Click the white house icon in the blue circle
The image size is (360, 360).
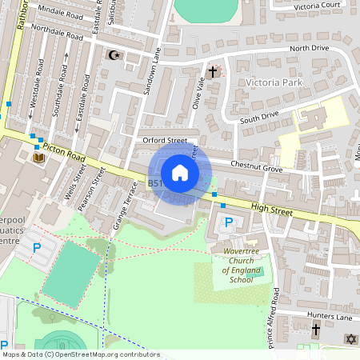179,173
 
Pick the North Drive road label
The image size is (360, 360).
309,48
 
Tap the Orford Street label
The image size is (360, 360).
164,140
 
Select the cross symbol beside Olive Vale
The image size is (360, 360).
213,72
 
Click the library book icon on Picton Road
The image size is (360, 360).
38,158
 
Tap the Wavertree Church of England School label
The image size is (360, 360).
230,266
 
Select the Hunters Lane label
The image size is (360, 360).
328,318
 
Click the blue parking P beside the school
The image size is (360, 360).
229,222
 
